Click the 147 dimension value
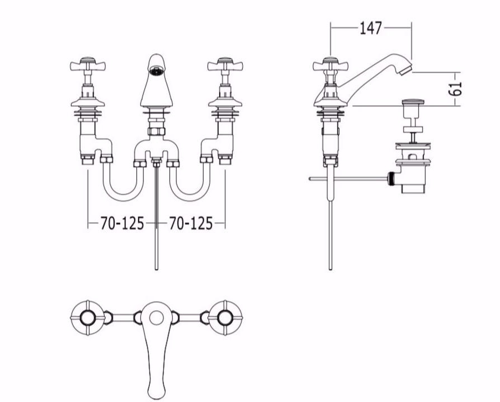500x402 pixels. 371,28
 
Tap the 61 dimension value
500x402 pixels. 455,88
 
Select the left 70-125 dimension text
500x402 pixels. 122,223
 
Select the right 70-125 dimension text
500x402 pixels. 191,223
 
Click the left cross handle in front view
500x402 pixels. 88,65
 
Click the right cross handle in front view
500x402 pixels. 225,65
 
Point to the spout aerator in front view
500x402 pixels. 156,71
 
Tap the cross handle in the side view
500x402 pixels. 330,65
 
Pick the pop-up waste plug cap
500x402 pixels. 413,102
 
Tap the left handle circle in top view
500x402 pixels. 87,317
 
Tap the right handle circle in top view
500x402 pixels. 225,317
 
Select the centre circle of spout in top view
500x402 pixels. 156,318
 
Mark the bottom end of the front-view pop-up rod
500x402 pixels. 156,269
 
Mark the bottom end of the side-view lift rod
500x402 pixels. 331,269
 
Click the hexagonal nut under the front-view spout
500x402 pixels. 156,131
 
